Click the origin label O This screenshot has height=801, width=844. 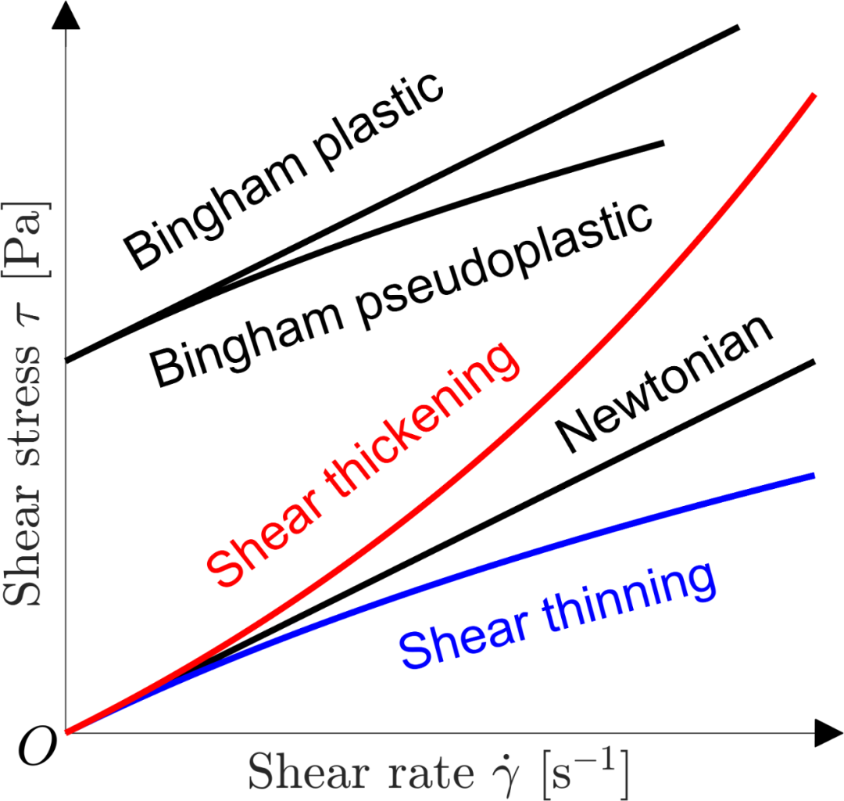coord(38,746)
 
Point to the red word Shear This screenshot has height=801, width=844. coord(264,541)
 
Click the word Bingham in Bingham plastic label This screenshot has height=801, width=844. coord(216,211)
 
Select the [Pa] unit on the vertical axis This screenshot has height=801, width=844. coord(27,240)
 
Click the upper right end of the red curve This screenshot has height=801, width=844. coord(814,95)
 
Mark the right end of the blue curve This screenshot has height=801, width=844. coord(814,476)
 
